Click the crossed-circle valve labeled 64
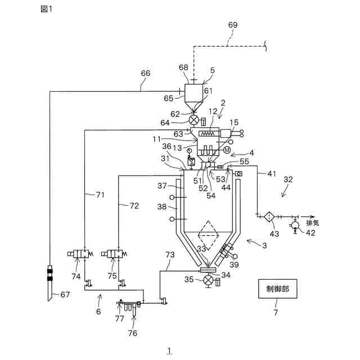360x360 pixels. click(x=193, y=120)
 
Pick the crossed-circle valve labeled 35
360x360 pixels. click(x=209, y=280)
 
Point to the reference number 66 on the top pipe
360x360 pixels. click(x=145, y=73)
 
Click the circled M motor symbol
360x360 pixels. click(x=226, y=150)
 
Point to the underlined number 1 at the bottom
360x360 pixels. click(x=169, y=350)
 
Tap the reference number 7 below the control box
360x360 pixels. click(x=276, y=311)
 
